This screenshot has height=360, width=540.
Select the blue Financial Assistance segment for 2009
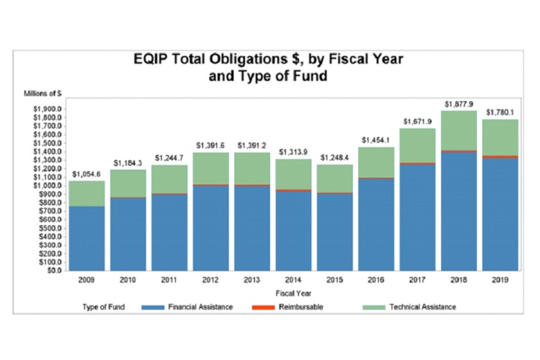(87, 238)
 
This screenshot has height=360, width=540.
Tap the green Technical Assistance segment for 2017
(417, 145)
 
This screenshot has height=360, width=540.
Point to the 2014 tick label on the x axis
(293, 281)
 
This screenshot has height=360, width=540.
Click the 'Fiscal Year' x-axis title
(293, 293)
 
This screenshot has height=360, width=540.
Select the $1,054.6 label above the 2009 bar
(87, 174)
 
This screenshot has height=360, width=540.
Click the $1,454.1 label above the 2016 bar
(376, 140)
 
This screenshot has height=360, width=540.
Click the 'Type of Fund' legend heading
(104, 307)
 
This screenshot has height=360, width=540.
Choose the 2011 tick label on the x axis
(170, 281)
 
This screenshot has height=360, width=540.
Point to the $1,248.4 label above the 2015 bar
(334, 157)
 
